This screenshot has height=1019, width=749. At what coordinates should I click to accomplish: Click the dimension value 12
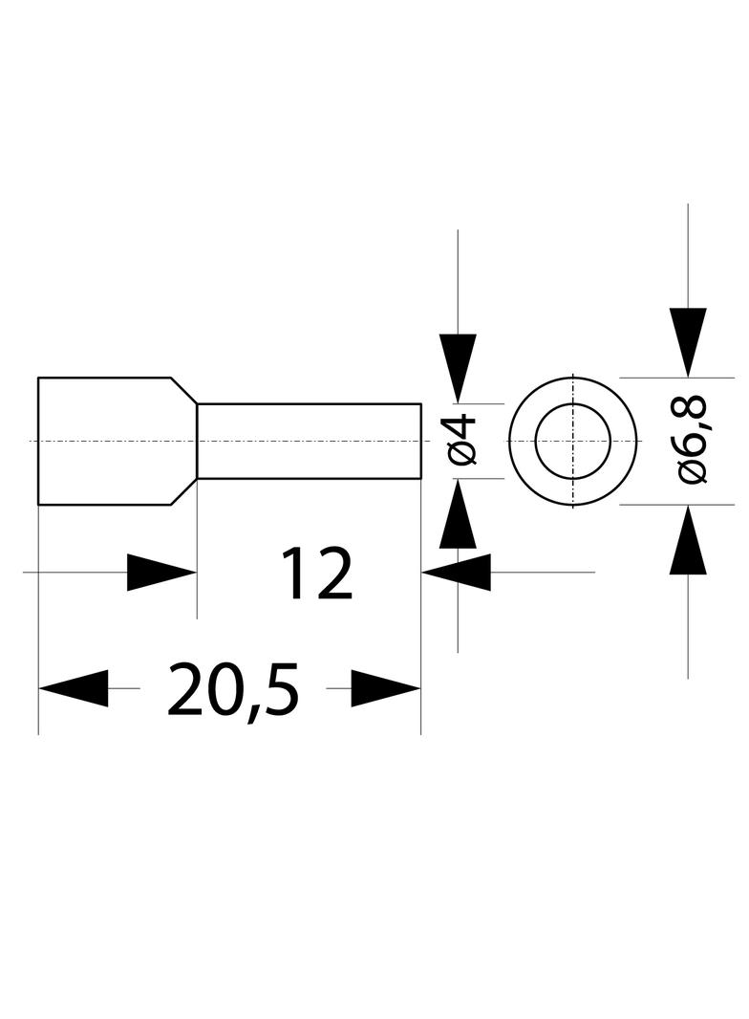317,573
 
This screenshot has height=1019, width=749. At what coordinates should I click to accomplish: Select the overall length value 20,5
232,689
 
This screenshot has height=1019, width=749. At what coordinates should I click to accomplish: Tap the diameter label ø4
462,441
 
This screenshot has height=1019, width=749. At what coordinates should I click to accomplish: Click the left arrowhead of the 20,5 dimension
73,688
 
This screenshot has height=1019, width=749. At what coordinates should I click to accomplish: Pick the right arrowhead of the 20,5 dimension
386,688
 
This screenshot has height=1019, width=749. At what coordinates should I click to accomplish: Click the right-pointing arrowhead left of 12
161,573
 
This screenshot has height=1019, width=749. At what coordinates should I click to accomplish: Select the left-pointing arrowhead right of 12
456,573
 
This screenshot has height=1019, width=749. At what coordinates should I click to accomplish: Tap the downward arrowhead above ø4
458,368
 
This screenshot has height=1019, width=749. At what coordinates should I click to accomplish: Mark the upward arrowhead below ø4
458,513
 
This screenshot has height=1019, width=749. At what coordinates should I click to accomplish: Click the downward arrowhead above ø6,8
688,342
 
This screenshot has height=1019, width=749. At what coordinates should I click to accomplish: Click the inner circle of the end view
535,441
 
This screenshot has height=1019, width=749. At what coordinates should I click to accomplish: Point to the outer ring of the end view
510,441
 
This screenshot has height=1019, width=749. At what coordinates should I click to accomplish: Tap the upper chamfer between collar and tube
183,391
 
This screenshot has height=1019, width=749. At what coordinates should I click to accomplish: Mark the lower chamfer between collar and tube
183,491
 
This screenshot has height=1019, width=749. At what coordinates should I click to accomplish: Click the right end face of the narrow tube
421,442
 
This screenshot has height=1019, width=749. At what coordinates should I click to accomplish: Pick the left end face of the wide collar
38,441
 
